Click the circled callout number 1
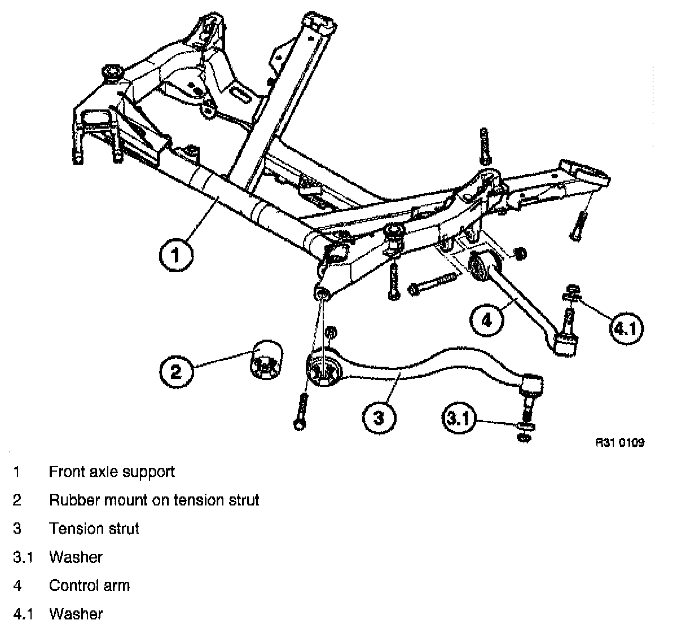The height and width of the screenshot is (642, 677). tap(175, 256)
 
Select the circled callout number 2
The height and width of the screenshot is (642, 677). tap(177, 372)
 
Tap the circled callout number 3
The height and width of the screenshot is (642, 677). tap(379, 418)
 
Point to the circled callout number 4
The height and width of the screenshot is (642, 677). tap(486, 320)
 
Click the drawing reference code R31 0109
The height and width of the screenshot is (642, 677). tap(620, 443)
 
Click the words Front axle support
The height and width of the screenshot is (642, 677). tap(112, 472)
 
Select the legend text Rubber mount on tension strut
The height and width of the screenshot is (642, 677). tap(154, 500)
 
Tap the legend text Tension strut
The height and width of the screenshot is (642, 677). tap(94, 529)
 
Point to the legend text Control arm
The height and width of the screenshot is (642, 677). tap(89, 586)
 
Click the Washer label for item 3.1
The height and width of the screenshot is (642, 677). tap(76, 557)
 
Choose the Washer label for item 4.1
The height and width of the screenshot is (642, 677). tap(76, 614)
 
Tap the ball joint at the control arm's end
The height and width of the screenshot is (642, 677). tap(566, 342)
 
